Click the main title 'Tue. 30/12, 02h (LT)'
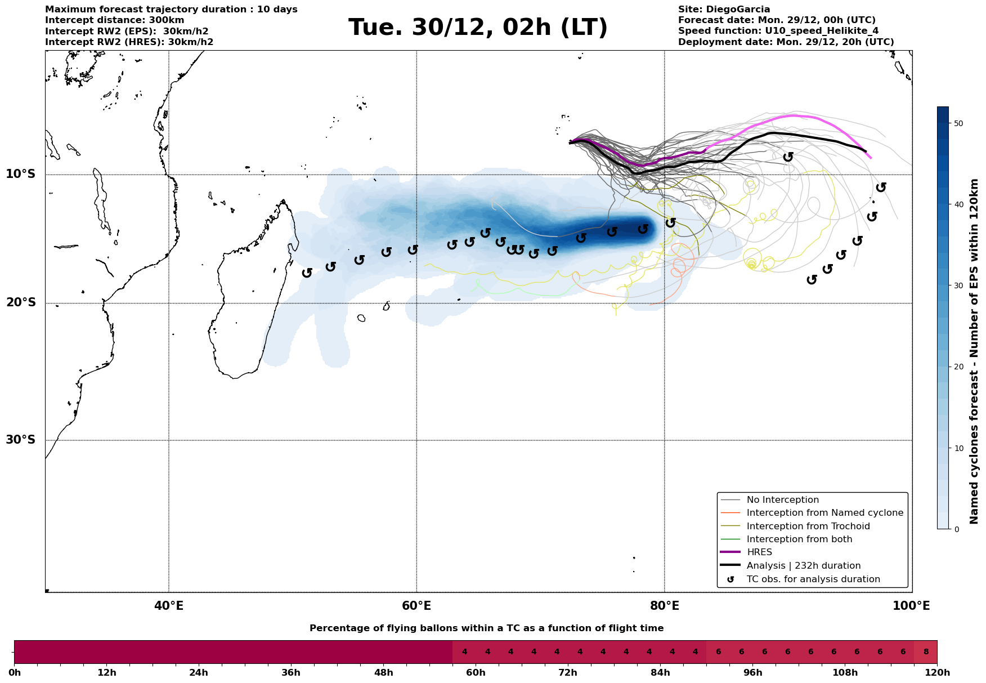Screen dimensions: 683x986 coord(478,28)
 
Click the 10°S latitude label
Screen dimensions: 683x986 coord(21,174)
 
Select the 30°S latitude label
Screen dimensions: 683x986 coord(21,440)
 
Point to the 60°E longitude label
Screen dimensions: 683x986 coord(416,606)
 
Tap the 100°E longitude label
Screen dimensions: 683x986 coord(912,606)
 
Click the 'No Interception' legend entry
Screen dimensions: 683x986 coord(782,500)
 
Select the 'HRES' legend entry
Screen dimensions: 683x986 coord(759,552)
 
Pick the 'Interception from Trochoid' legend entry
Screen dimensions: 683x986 coord(808,526)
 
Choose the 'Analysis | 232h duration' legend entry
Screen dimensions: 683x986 coord(803,566)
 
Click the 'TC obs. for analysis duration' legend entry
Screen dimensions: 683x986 coord(813,579)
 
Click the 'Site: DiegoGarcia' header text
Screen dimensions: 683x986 coord(724,10)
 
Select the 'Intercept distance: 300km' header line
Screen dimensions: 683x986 coord(114,20)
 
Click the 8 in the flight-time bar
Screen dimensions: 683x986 coord(926,652)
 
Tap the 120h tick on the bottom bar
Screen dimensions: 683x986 coord(936,673)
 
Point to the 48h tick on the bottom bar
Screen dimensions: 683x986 coord(383,673)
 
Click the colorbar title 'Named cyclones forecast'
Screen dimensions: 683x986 coord(974,351)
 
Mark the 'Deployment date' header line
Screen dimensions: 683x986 coord(786,42)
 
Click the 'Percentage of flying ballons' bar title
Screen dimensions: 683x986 coord(486,628)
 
